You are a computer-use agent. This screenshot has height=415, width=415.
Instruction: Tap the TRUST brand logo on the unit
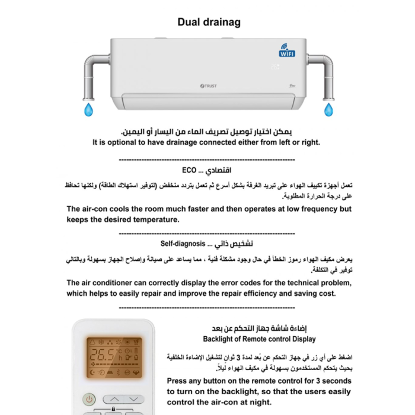(x=209, y=86)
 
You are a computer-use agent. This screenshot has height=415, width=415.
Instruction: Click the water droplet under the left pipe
(x=89, y=109)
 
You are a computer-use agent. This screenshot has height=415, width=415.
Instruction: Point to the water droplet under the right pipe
(x=327, y=109)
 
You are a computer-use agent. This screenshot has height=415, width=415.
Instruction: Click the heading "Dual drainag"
(x=209, y=23)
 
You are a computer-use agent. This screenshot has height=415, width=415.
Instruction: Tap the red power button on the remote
(x=88, y=400)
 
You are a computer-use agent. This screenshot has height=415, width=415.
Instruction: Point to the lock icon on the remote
(x=113, y=410)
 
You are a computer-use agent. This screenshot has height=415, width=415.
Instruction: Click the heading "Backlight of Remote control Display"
(x=259, y=339)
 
